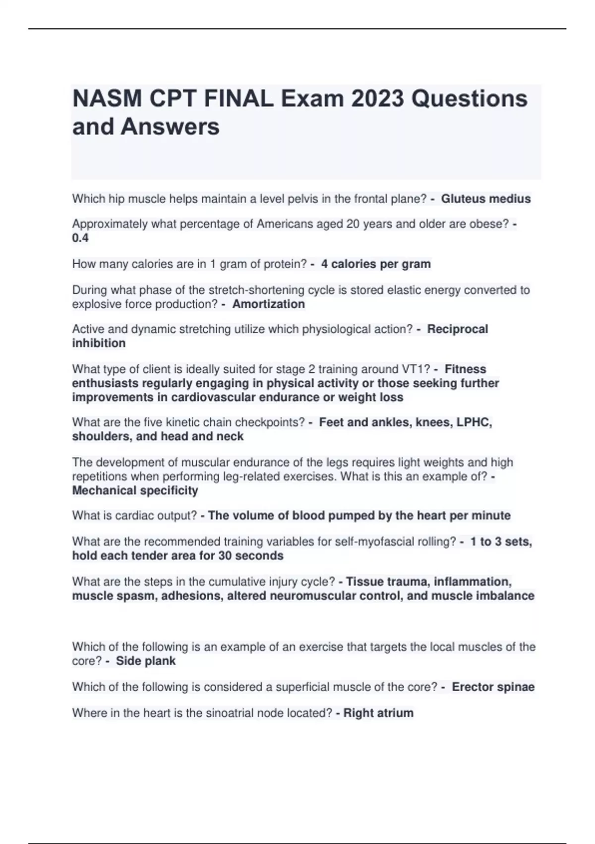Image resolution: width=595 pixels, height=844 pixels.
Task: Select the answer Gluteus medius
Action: click(x=486, y=199)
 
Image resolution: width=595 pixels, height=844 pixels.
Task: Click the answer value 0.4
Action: click(x=80, y=238)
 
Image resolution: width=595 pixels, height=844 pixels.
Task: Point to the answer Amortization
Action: click(x=269, y=304)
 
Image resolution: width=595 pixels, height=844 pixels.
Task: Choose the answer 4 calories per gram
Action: click(x=376, y=264)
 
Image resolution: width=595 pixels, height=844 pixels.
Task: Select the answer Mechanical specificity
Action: click(x=135, y=491)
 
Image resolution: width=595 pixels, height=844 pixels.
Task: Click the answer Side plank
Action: click(x=146, y=661)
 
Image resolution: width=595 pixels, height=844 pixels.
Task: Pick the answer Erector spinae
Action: click(x=493, y=687)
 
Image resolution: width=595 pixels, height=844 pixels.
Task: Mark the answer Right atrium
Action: click(x=378, y=713)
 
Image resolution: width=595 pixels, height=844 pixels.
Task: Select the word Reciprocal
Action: click(x=458, y=329)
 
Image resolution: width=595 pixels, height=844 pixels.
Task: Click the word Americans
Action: click(x=282, y=224)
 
